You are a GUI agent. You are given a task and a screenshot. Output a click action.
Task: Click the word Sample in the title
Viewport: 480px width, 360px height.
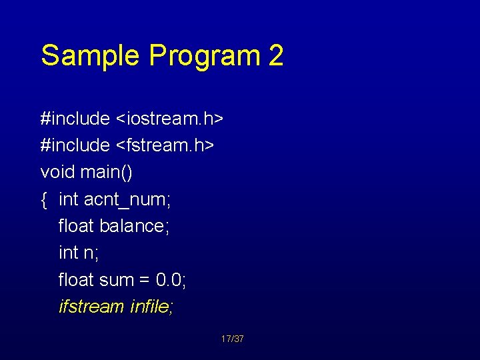[91, 56]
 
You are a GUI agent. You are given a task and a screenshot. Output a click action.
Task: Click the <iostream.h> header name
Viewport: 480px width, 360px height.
[170, 119]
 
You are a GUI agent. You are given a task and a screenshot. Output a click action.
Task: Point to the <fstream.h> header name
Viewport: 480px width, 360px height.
[165, 145]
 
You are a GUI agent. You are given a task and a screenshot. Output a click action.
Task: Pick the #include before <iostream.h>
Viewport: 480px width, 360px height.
[75, 119]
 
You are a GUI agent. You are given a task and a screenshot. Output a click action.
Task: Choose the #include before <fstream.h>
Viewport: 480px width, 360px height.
[75, 145]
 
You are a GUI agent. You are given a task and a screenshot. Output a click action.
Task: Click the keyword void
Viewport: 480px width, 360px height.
[58, 173]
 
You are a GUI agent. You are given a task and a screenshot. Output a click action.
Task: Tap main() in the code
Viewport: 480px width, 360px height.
[107, 173]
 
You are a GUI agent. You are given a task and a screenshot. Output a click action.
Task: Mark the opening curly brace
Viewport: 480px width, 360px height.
[44, 199]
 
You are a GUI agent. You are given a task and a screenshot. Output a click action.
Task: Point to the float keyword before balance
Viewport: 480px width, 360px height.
[77, 226]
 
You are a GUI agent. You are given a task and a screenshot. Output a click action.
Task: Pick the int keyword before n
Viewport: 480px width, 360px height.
[68, 253]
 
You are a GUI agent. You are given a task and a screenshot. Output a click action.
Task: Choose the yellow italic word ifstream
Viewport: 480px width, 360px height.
[91, 307]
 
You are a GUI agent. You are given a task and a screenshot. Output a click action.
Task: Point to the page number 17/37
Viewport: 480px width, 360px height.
[232, 339]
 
